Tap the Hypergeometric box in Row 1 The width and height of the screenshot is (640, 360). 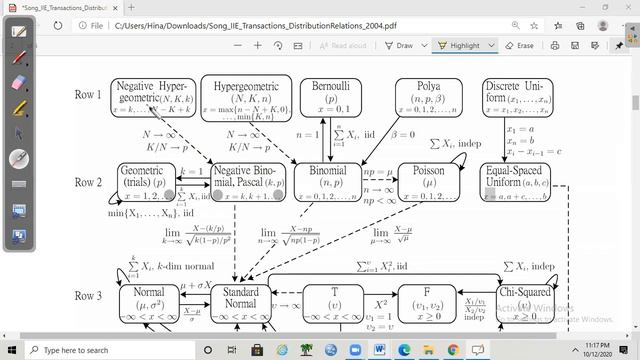tap(245, 96)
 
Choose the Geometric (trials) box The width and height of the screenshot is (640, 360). tap(145, 182)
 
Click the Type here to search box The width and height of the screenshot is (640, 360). tap(90, 350)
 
